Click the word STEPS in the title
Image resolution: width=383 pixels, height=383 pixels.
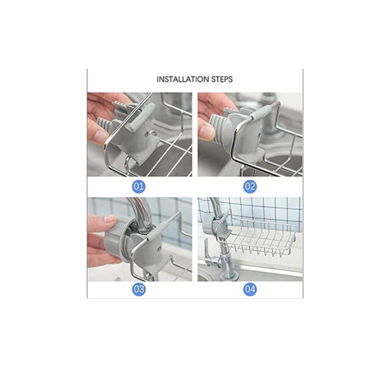pyautogui.click(x=222, y=79)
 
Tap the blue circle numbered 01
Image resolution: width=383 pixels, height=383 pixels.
pyautogui.click(x=139, y=186)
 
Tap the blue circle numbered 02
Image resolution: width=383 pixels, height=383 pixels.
pyautogui.click(x=250, y=186)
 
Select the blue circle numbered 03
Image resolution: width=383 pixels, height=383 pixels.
pyautogui.click(x=139, y=289)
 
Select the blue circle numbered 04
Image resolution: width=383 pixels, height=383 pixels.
pyautogui.click(x=250, y=289)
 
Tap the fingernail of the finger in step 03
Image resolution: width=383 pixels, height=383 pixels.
pyautogui.click(x=110, y=218)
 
